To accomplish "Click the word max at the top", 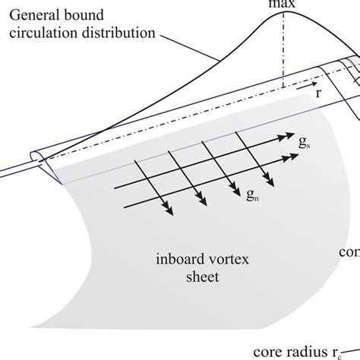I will (283, 3).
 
